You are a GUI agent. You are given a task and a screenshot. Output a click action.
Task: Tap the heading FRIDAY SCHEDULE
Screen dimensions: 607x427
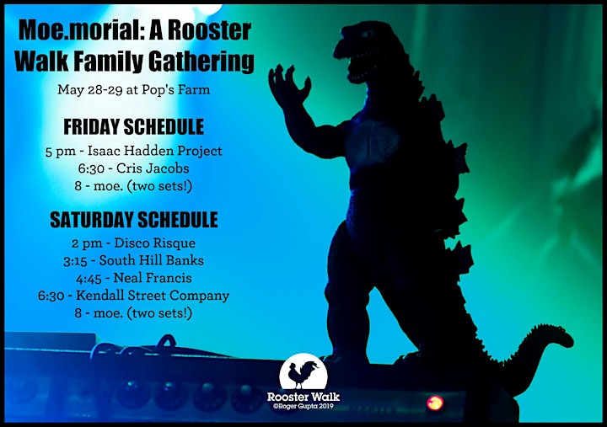click(x=133, y=127)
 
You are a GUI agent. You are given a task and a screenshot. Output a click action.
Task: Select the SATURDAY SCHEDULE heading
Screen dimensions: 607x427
click(x=134, y=220)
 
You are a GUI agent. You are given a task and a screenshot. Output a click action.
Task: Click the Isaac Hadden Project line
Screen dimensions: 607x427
click(x=133, y=151)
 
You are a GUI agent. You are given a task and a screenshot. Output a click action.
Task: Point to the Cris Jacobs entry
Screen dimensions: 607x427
click(x=133, y=168)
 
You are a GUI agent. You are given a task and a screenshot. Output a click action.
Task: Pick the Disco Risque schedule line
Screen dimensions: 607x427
click(x=133, y=243)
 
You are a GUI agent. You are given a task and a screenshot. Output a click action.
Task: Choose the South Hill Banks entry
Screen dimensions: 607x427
click(x=133, y=260)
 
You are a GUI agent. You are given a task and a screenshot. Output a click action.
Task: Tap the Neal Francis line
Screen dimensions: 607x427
click(x=133, y=278)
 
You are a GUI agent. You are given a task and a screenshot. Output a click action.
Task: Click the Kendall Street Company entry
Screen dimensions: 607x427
click(x=133, y=296)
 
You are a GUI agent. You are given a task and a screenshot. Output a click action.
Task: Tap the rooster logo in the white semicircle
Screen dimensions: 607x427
click(x=303, y=371)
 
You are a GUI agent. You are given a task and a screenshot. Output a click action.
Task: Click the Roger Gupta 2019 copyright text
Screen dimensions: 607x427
click(x=303, y=406)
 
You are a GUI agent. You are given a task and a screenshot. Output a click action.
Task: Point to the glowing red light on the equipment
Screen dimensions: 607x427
click(x=435, y=403)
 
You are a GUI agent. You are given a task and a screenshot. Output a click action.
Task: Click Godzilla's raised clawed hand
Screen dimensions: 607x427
click(x=288, y=87)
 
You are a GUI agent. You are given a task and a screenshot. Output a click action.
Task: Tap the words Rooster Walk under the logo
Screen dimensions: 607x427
click(x=303, y=397)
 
